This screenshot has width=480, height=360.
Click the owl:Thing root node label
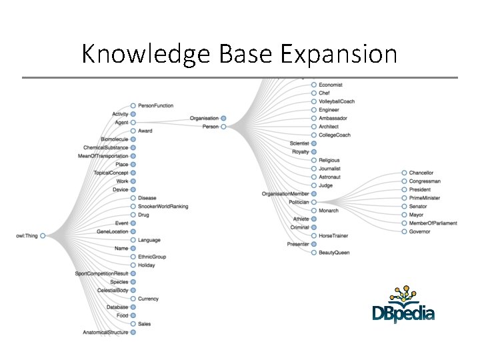click(27, 235)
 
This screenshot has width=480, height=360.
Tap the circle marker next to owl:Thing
click(43, 235)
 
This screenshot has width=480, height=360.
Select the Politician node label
click(294, 202)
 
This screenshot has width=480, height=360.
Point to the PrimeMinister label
click(425, 198)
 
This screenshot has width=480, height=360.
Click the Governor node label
click(420, 231)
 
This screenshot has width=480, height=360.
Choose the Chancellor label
click(421, 173)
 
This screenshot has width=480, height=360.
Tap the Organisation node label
click(204, 118)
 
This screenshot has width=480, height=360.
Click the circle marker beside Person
click(223, 127)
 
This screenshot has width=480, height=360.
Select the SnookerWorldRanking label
click(163, 206)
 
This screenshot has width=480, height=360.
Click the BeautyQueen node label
click(334, 253)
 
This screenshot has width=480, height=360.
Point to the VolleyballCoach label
click(337, 101)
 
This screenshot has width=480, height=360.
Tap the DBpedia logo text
click(403, 313)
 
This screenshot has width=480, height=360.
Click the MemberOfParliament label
click(433, 223)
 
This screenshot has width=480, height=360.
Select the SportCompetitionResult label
click(101, 273)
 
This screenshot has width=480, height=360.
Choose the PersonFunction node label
click(156, 105)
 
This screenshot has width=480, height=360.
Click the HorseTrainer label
click(333, 235)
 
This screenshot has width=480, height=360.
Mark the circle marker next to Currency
click(133, 299)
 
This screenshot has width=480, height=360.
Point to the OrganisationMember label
click(285, 194)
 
